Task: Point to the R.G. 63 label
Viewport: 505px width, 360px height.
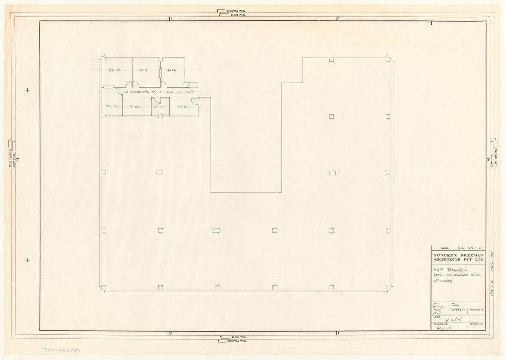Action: [112, 107]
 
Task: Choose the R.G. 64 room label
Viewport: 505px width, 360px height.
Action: [134, 107]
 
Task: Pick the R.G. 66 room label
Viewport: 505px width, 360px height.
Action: [182, 107]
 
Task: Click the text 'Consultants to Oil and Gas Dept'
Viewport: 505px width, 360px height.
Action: [156, 92]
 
